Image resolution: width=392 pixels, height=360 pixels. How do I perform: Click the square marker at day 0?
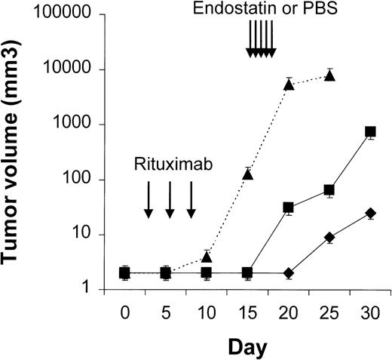[x=124, y=272]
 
